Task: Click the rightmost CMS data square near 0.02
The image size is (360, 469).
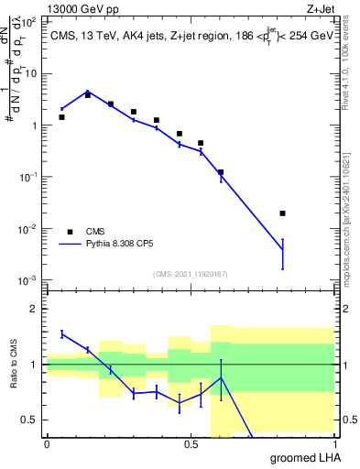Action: point(282,213)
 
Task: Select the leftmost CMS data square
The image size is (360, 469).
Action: point(61,117)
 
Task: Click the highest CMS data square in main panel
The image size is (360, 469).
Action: point(87,94)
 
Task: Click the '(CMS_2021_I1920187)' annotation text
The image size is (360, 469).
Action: point(190,274)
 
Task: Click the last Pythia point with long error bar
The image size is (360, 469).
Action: point(282,250)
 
